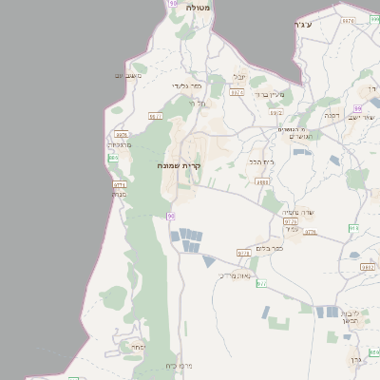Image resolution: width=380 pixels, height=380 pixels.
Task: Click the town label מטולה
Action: point(199,7)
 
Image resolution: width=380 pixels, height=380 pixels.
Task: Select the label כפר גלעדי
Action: point(185,85)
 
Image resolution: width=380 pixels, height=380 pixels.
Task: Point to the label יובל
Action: point(239,77)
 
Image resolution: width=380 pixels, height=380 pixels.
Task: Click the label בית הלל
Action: point(261,161)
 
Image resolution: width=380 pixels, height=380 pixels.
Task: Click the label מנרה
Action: point(120,195)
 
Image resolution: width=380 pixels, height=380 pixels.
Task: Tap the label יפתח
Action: point(138,348)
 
